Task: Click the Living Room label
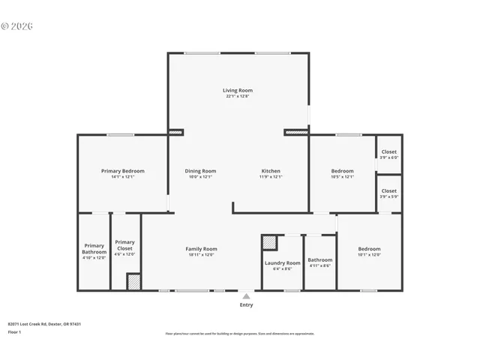237,90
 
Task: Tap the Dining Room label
200,171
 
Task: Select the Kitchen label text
271,171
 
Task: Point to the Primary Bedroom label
122,171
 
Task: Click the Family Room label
201,249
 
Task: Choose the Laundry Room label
282,263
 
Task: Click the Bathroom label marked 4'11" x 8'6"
319,260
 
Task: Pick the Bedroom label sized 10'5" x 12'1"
342,171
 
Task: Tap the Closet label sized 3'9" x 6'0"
388,151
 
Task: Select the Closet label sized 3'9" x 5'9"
388,190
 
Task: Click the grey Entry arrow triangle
246,296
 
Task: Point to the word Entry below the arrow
246,305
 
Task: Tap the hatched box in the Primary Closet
133,282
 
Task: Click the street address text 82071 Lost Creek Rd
44,324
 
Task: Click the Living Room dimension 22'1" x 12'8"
237,96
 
